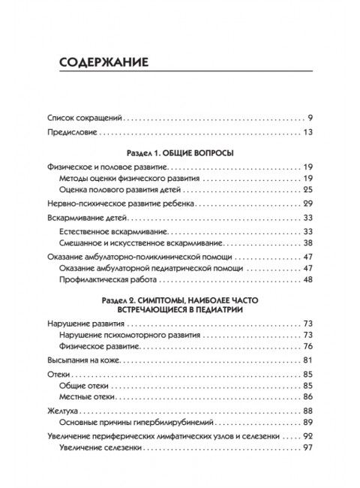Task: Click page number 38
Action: (316, 242)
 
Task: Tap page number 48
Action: (316, 279)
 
